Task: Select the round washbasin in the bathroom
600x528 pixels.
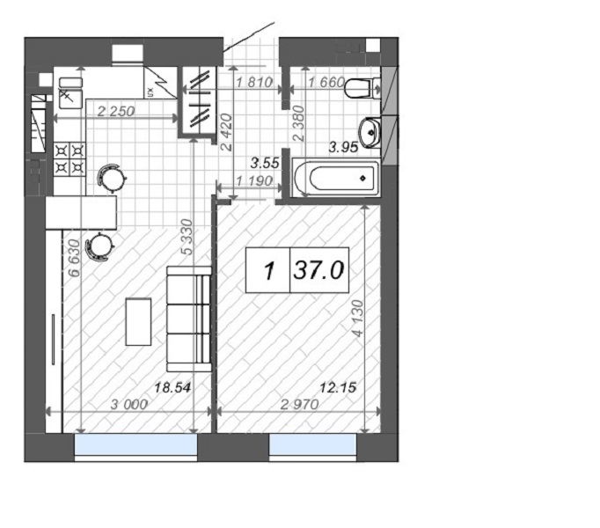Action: (370, 133)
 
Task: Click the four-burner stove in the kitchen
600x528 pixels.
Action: (70, 159)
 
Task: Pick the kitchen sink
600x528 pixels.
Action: (70, 93)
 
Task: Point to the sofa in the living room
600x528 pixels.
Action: (189, 319)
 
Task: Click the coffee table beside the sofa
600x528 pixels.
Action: (138, 321)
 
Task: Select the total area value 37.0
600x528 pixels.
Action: (318, 270)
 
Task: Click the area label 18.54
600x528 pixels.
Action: (172, 387)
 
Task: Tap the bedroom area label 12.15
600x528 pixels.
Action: (338, 388)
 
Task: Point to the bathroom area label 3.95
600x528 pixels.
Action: (344, 147)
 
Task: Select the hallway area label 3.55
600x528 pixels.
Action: (265, 163)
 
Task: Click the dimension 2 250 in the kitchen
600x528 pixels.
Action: (116, 112)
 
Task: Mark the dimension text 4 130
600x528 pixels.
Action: (358, 319)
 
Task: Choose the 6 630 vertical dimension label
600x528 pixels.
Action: (74, 258)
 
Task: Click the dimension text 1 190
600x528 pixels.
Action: (254, 180)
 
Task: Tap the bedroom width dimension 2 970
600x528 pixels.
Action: (299, 404)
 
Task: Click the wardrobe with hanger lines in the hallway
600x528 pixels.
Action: (198, 101)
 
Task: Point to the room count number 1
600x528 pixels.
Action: (269, 271)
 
